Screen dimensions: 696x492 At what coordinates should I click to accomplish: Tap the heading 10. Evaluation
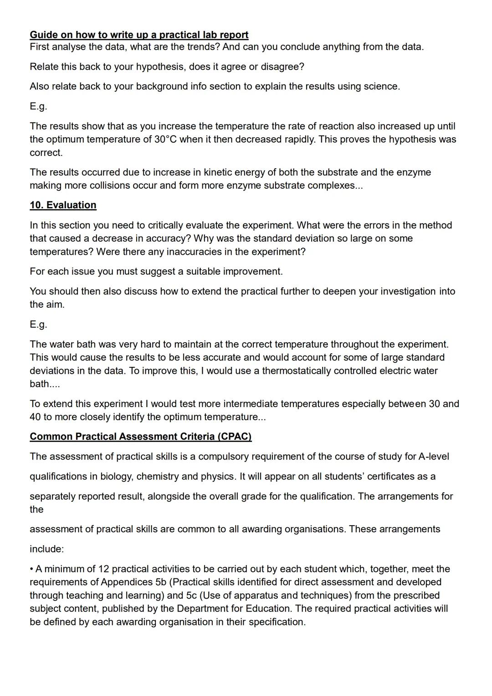pos(63,205)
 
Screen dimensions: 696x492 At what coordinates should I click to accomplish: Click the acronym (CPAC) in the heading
pos(234,437)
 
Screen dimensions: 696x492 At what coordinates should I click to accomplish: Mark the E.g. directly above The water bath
pos(38,325)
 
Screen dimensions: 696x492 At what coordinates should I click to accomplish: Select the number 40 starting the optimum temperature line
pos(35,418)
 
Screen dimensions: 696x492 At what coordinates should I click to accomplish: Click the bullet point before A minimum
pos(32,569)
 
